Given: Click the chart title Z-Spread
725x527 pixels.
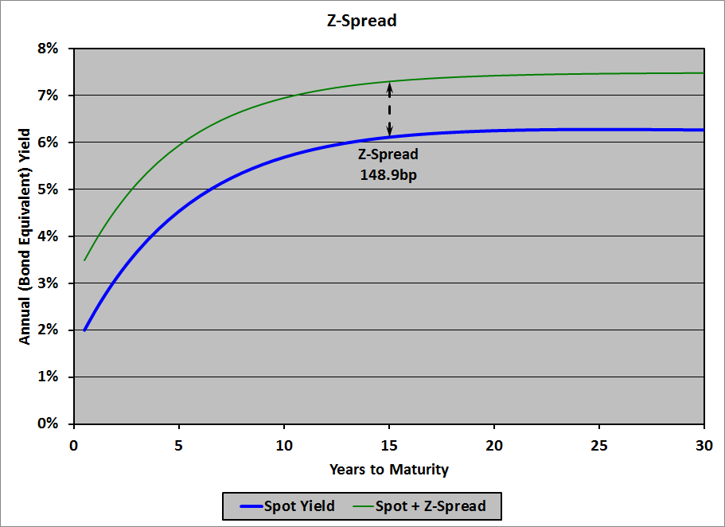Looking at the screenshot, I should point(362,21).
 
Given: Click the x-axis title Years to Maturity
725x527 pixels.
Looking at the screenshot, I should point(389,470).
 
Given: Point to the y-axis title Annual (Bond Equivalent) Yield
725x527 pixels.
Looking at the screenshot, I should point(25,236).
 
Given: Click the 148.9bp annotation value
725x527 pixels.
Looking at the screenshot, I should point(388,174).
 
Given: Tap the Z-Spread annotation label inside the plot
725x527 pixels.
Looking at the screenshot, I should point(388,154).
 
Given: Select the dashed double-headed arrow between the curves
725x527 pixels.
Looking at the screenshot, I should point(389,109).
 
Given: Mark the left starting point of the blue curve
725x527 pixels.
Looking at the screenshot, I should point(84,330).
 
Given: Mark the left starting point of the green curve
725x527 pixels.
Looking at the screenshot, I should point(84,260).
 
